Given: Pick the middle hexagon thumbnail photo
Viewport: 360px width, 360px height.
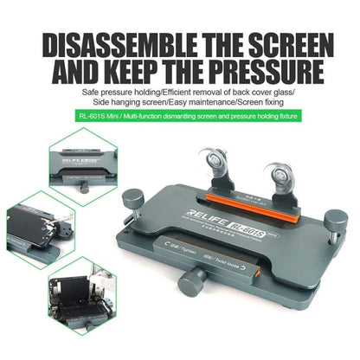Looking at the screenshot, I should click(x=41, y=229).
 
